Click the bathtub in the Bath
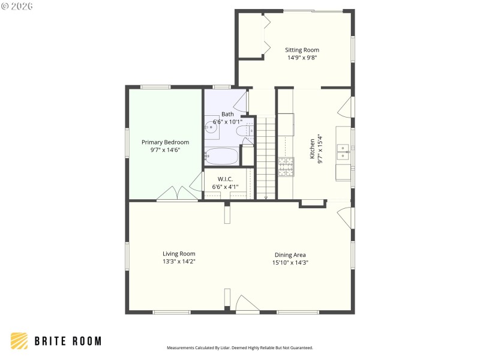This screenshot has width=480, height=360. (x=222, y=157)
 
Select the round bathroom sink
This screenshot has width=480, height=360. (x=211, y=126)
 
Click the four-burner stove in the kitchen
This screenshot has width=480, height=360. (x=286, y=166)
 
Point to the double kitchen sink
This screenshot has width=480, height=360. (x=343, y=151)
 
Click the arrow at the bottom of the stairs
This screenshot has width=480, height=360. (x=266, y=196)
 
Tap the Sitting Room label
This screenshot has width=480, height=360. (x=302, y=50)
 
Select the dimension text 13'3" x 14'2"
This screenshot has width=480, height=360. (x=179, y=262)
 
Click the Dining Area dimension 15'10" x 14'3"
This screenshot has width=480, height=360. (x=290, y=263)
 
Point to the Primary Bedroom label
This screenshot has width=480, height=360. (x=165, y=142)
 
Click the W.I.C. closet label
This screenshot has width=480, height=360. (x=225, y=179)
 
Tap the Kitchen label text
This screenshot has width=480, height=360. (x=312, y=148)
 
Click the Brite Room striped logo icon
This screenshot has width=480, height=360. (x=19, y=341)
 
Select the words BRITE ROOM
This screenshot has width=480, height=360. (x=67, y=341)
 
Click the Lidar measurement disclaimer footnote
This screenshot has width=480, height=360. (x=239, y=347)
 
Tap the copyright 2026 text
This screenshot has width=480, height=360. (x=17, y=5)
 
